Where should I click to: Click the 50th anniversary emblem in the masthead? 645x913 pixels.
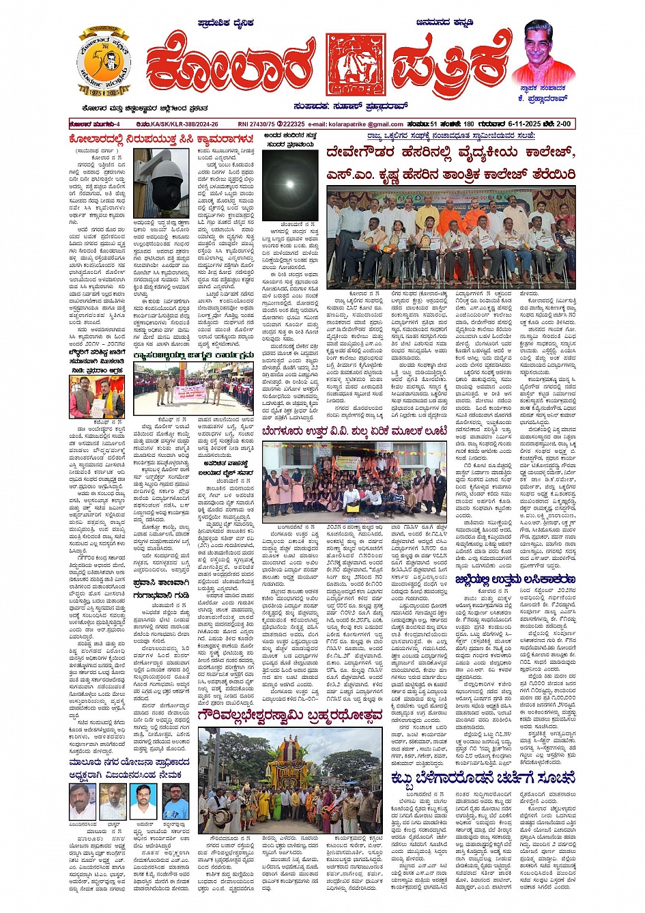[104, 64]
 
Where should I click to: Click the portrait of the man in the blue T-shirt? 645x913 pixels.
[176, 800]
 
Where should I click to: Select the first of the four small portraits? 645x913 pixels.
[82, 800]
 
